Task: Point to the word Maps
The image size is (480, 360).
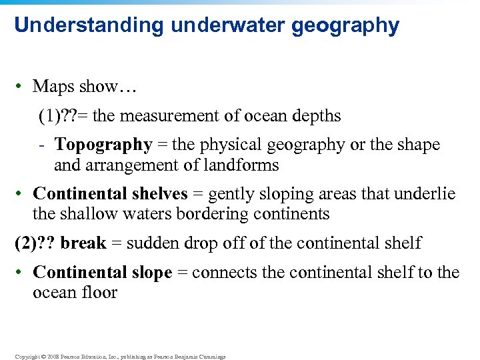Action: click(52, 87)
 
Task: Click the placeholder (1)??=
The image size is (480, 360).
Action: click(63, 117)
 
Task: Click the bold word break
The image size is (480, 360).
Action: click(83, 243)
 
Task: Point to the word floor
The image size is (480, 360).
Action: click(99, 292)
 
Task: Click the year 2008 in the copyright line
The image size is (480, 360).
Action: click(51, 357)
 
